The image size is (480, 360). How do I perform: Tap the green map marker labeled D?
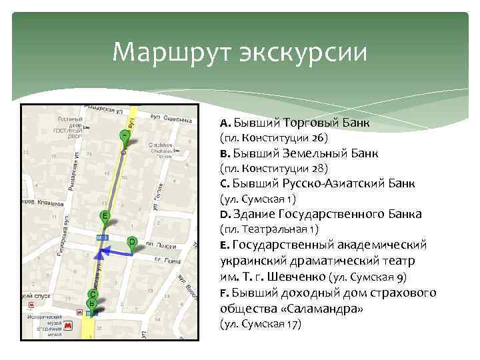pos(132,243)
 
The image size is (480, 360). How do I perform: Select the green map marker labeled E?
pos(104,216)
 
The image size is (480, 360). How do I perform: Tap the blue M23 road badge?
pos(102,237)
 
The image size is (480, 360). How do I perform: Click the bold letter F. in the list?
pos(224,293)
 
